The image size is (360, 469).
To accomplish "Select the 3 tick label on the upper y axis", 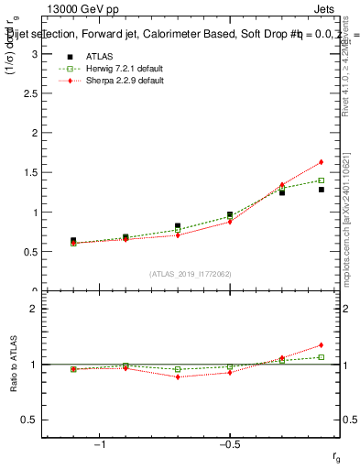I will click(x=34, y=54).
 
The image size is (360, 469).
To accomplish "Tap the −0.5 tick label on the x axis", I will click(x=229, y=445).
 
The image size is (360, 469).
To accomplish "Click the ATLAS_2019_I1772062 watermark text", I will click(x=191, y=273).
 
